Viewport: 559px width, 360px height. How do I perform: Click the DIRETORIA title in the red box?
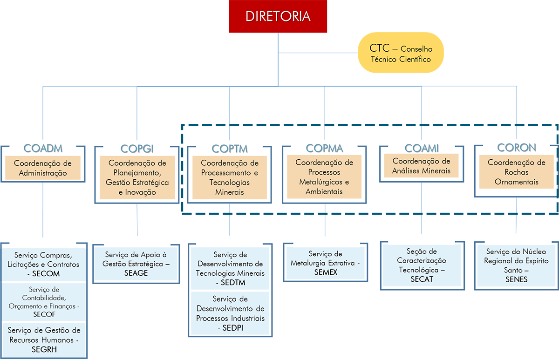click(x=278, y=17)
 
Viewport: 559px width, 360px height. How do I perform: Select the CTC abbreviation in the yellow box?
click(x=379, y=48)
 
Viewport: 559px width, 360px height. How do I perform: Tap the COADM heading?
click(x=43, y=149)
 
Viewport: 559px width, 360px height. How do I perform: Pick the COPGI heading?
click(x=137, y=149)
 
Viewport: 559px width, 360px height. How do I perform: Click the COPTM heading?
click(x=229, y=149)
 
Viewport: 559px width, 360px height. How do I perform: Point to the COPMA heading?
click(x=324, y=149)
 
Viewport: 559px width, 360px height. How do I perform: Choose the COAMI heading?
click(x=422, y=148)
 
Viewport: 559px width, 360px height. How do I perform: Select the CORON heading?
click(x=517, y=148)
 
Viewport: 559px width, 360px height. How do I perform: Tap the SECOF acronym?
click(x=44, y=314)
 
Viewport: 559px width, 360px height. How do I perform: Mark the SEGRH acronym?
click(x=44, y=349)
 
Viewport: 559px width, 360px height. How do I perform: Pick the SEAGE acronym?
click(x=136, y=273)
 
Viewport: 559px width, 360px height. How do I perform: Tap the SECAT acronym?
click(x=422, y=279)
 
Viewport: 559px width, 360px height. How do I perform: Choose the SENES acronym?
click(x=516, y=279)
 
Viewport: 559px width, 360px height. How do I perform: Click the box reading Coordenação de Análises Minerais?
click(x=421, y=166)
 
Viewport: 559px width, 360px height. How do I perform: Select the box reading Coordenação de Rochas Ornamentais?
click(x=516, y=172)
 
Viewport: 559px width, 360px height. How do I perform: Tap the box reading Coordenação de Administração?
click(x=43, y=169)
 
